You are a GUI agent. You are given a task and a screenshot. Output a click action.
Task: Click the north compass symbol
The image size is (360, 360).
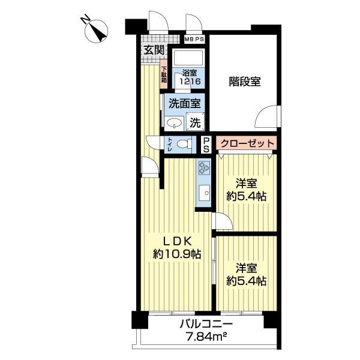click(97, 31)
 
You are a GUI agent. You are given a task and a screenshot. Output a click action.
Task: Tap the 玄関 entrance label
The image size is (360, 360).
click(154, 50)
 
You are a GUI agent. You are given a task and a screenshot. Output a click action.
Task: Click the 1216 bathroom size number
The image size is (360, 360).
click(190, 81)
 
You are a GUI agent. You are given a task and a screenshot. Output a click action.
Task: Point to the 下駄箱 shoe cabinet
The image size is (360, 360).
click(163, 74)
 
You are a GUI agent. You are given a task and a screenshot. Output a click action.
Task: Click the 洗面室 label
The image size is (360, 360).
click(185, 104)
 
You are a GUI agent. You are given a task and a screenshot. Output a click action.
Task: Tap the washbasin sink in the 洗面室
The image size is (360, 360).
click(174, 124)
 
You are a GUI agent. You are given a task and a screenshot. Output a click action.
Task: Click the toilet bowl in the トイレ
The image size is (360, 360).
click(184, 144)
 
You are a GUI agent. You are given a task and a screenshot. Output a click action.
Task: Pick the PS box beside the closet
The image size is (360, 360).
click(206, 145)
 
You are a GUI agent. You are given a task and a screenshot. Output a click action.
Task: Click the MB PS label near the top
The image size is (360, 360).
click(194, 39)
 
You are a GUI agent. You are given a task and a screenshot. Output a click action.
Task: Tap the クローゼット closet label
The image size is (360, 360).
click(247, 144)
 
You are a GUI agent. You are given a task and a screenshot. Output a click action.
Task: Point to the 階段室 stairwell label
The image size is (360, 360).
click(245, 82)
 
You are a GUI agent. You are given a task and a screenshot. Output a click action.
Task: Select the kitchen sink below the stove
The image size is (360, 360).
click(205, 193)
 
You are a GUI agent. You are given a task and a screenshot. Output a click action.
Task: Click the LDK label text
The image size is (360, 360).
click(177, 241)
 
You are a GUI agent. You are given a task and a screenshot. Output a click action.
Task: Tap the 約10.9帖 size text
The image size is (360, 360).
click(177, 254)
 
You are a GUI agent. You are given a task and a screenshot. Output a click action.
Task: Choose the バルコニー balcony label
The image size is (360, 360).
click(206, 325)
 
